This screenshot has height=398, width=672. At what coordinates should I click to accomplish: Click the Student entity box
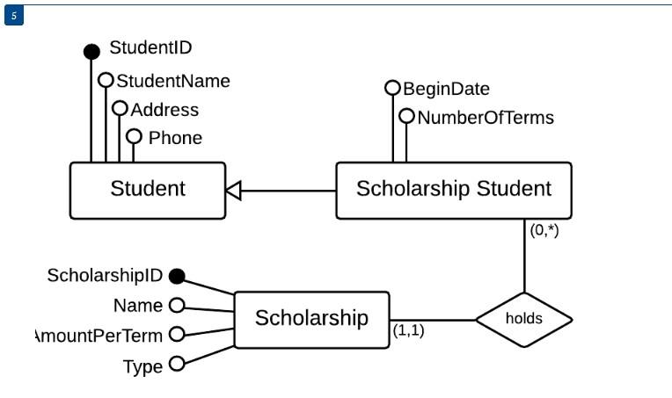[147, 190]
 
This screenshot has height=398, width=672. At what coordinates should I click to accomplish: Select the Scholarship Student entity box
[453, 190]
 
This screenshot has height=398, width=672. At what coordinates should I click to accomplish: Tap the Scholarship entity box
[311, 318]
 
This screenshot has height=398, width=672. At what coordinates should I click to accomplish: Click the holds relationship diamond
[523, 319]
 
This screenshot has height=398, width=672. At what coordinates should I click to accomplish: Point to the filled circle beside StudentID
[91, 52]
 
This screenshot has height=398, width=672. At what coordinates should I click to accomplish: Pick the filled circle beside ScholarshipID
[176, 277]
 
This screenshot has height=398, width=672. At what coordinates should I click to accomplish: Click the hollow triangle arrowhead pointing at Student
[233, 190]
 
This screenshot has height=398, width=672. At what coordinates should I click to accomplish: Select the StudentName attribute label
[173, 81]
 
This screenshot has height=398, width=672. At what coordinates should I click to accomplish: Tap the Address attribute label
[164, 110]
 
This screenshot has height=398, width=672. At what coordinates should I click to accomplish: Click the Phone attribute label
[175, 138]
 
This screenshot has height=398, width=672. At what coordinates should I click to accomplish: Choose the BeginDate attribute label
[446, 89]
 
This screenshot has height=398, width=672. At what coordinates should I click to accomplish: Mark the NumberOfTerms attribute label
[486, 117]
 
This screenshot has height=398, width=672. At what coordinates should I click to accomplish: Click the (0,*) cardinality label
[544, 231]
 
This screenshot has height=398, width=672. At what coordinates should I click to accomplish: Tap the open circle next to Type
[176, 364]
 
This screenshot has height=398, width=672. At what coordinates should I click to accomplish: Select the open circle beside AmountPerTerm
[176, 334]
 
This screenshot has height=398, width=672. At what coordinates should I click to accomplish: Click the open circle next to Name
[176, 306]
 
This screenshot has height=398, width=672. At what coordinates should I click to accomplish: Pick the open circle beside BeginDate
[392, 88]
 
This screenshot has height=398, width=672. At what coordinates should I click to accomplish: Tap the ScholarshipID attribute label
[104, 276]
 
